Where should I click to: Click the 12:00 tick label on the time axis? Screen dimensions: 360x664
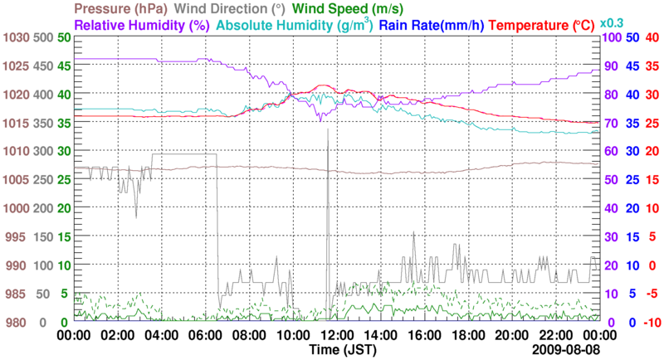pos(337,335)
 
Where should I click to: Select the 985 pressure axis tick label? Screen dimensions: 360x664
pos(17,294)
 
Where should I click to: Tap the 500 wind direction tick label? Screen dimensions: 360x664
pos(43,38)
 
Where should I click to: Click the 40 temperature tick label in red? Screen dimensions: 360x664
pos(652,38)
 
